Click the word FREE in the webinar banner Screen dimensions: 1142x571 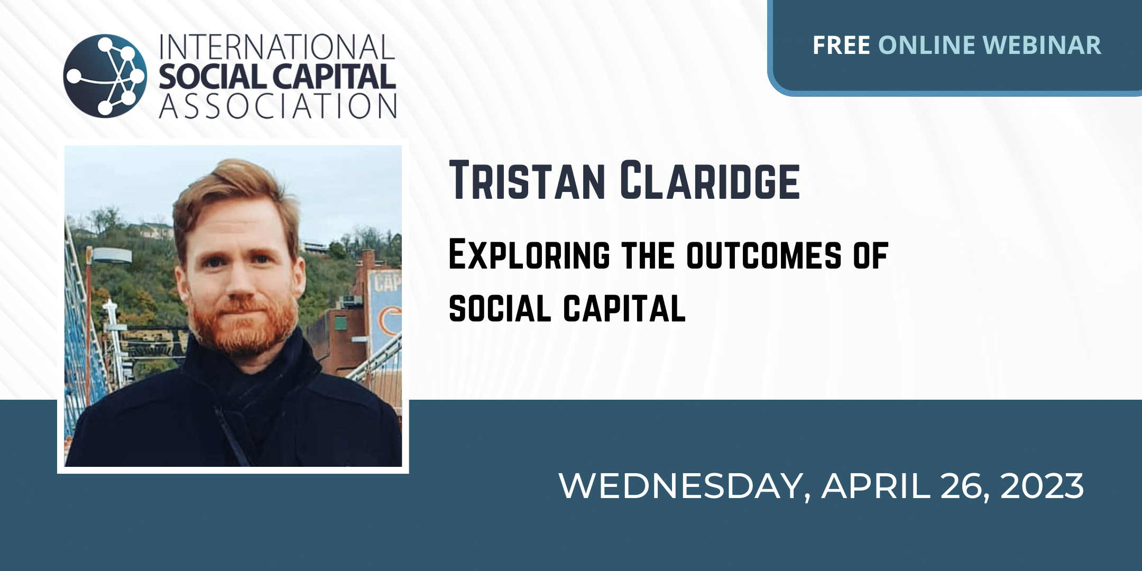click(x=841, y=45)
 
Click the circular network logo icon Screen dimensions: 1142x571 click(x=105, y=76)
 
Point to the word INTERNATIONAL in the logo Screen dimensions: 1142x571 click(x=277, y=47)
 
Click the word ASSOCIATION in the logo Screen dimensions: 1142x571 click(x=278, y=106)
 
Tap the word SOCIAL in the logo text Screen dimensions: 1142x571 click(x=212, y=77)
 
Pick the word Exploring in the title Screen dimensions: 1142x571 click(x=529, y=255)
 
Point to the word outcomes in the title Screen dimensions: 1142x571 click(x=764, y=255)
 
